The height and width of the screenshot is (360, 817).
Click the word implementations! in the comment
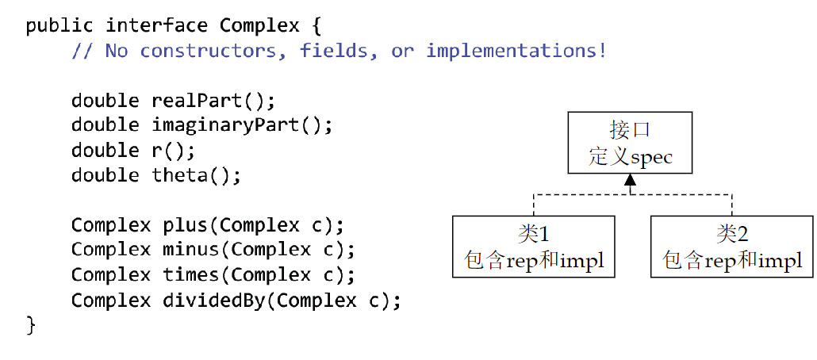pyautogui.click(x=516, y=51)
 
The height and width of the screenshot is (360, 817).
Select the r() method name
pyautogui.click(x=168, y=150)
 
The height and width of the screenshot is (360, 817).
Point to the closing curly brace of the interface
pyautogui.click(x=32, y=324)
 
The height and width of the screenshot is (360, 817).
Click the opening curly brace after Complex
pyautogui.click(x=316, y=25)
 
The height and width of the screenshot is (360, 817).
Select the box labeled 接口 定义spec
pyautogui.click(x=630, y=143)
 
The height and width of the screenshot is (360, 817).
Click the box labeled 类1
pyautogui.click(x=533, y=247)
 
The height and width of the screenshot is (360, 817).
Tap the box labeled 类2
pyautogui.click(x=731, y=247)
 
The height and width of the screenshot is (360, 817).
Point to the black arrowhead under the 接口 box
pyautogui.click(x=630, y=181)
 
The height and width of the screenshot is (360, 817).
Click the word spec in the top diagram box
pyautogui.click(x=651, y=157)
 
